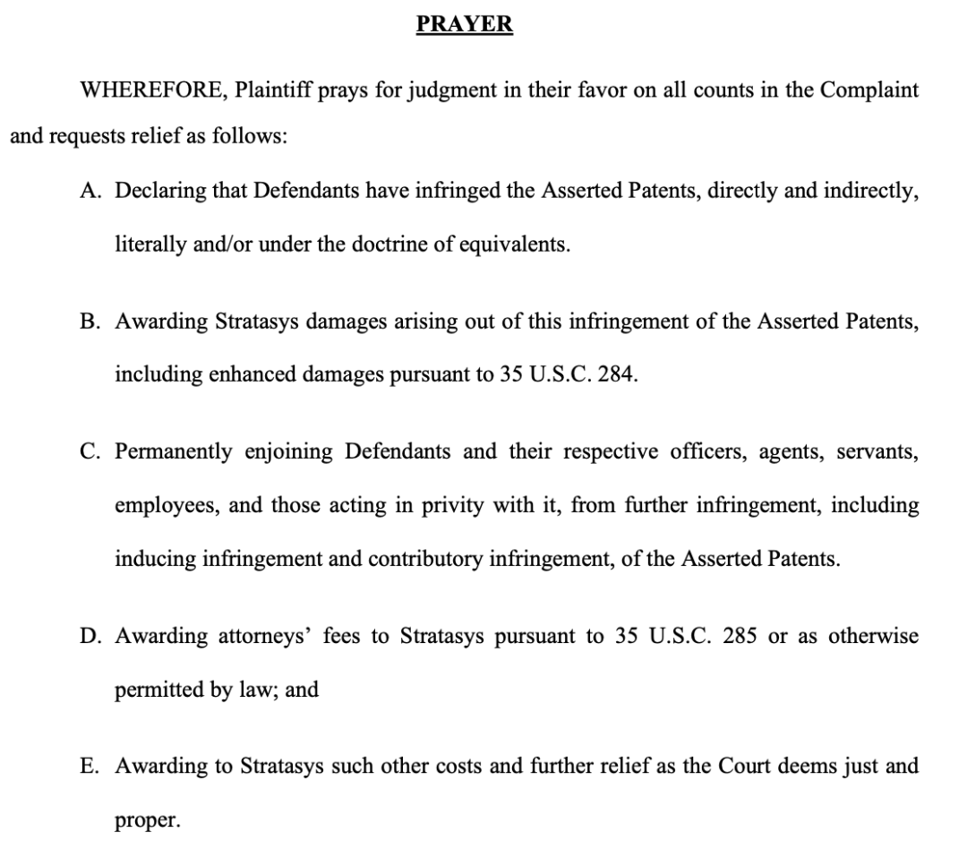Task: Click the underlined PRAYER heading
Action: tap(465, 24)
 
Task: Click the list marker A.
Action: tap(90, 192)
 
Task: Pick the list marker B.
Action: tap(90, 322)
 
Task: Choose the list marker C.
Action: tap(90, 451)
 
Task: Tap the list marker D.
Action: tap(90, 637)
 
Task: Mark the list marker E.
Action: tap(90, 767)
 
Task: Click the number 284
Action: tap(617, 375)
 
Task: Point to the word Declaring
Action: tap(159, 192)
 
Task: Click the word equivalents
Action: tap(514, 245)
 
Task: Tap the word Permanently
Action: tap(173, 451)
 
